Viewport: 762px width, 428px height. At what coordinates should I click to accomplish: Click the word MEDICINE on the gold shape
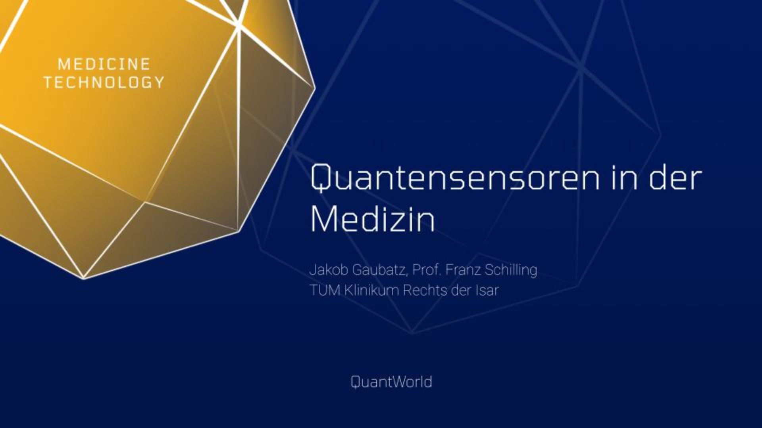(x=104, y=64)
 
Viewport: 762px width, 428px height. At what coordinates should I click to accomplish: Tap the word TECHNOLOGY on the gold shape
(x=104, y=82)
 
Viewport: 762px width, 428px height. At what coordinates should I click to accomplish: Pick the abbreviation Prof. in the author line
(x=427, y=270)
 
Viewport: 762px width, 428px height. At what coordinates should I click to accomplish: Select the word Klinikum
(x=371, y=290)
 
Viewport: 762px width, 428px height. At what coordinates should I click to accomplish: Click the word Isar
(x=487, y=290)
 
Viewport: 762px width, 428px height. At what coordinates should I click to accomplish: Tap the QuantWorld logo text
(x=391, y=382)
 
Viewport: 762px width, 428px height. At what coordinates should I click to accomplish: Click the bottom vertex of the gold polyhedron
(x=84, y=279)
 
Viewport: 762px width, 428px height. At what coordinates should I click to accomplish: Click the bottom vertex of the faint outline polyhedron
(x=413, y=332)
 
